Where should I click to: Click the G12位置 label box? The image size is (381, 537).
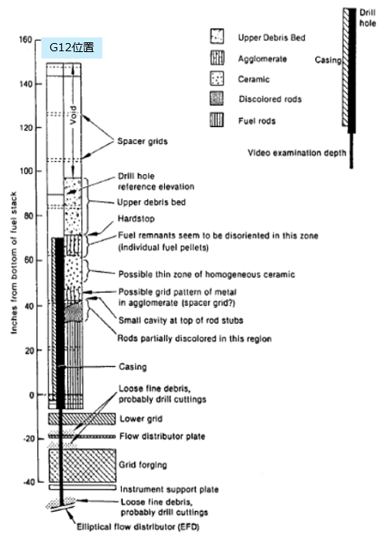tap(71, 48)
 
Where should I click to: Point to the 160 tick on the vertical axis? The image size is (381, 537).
tap(25, 40)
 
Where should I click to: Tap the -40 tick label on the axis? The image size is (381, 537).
tap(28, 482)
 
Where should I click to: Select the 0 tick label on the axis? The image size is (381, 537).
tap(32, 395)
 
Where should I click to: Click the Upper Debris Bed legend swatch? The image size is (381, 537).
tap(217, 37)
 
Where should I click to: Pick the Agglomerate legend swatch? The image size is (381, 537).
tap(217, 58)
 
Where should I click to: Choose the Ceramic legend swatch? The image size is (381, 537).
tap(217, 78)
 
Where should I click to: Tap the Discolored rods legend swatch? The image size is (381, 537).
tap(217, 98)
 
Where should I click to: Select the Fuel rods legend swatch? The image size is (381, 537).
tap(217, 120)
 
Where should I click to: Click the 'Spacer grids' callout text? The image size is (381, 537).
tap(142, 142)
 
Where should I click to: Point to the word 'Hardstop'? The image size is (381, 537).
tap(136, 219)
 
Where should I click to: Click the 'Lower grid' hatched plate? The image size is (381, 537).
tap(82, 419)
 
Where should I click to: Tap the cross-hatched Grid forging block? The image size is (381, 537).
tap(82, 465)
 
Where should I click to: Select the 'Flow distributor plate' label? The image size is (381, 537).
tap(162, 436)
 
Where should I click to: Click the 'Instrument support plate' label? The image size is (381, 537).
tap(169, 489)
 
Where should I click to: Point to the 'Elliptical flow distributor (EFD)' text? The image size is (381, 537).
tap(138, 526)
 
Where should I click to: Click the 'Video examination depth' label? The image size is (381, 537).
tap(297, 153)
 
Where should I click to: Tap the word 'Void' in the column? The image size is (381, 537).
tap(73, 115)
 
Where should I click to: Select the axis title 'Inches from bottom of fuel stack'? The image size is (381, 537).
tap(14, 263)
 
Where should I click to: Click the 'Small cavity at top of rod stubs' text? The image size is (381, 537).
tap(180, 321)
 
